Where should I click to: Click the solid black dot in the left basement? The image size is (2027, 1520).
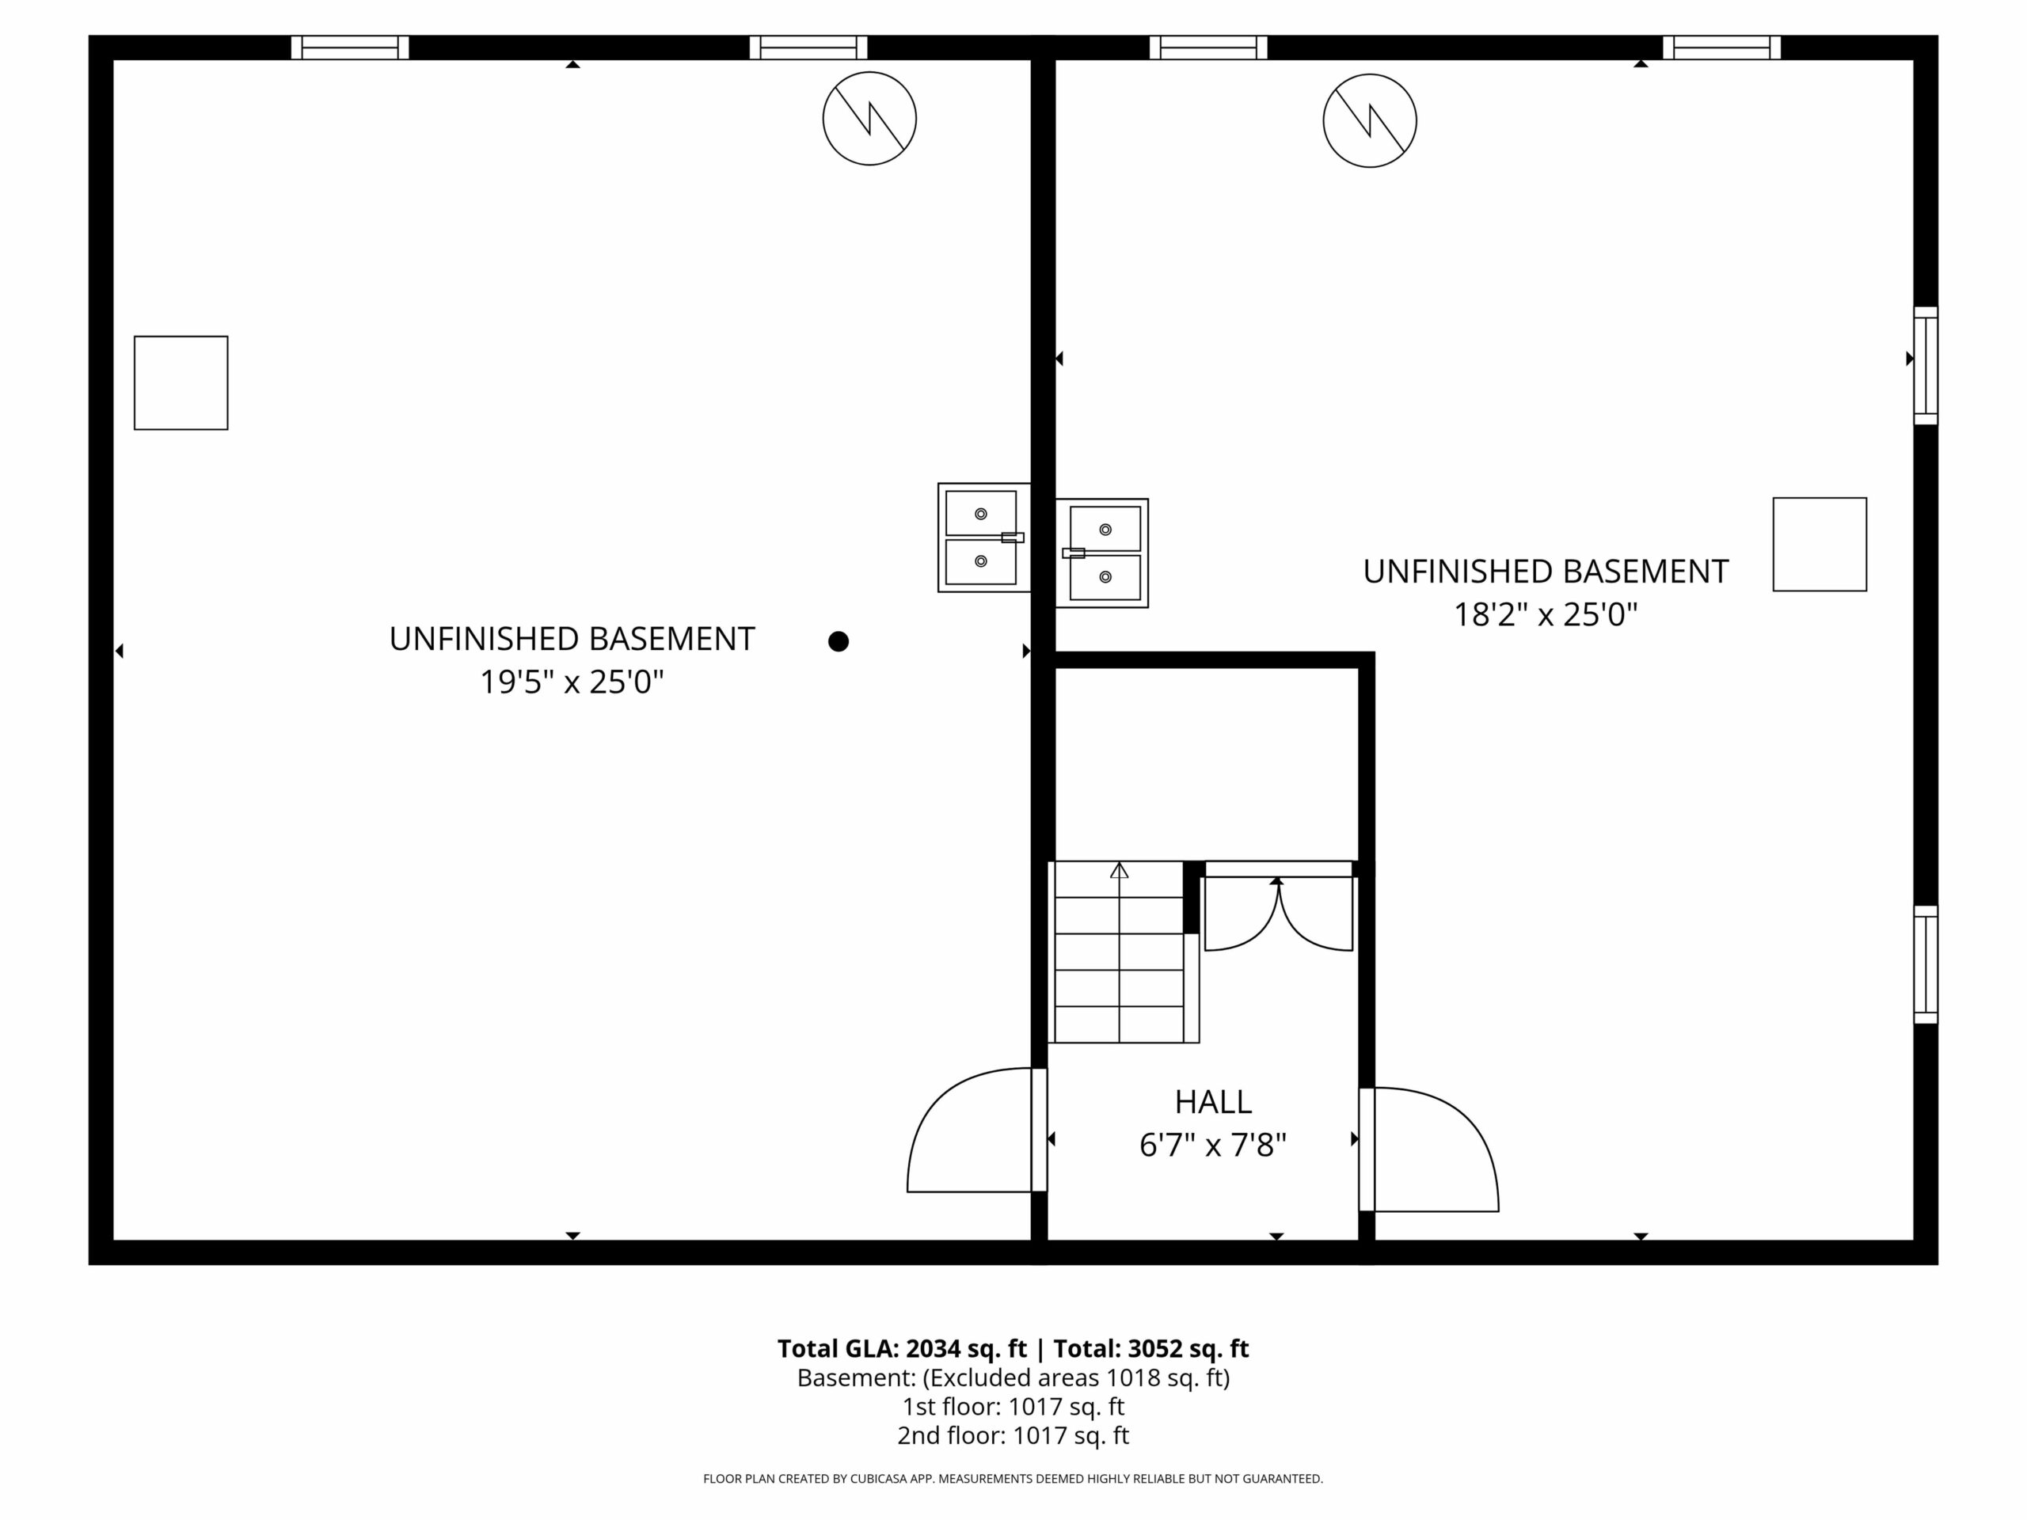coord(839,641)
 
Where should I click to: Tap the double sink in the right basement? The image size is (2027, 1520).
coord(1101,553)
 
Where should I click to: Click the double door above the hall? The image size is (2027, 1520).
coord(1278,907)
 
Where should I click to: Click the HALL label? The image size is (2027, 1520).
coord(1213,1101)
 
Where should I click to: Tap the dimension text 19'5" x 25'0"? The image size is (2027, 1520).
coord(572,682)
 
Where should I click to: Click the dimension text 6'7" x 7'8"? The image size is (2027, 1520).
coord(1213,1146)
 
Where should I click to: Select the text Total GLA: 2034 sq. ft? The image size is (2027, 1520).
coord(903,1349)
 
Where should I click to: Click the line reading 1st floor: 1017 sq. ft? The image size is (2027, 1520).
coord(1013,1406)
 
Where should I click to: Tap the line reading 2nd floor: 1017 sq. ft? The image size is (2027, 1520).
coord(1013,1436)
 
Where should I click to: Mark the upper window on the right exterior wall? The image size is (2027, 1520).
coord(1926,366)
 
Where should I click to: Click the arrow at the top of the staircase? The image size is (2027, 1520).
coord(1119,870)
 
